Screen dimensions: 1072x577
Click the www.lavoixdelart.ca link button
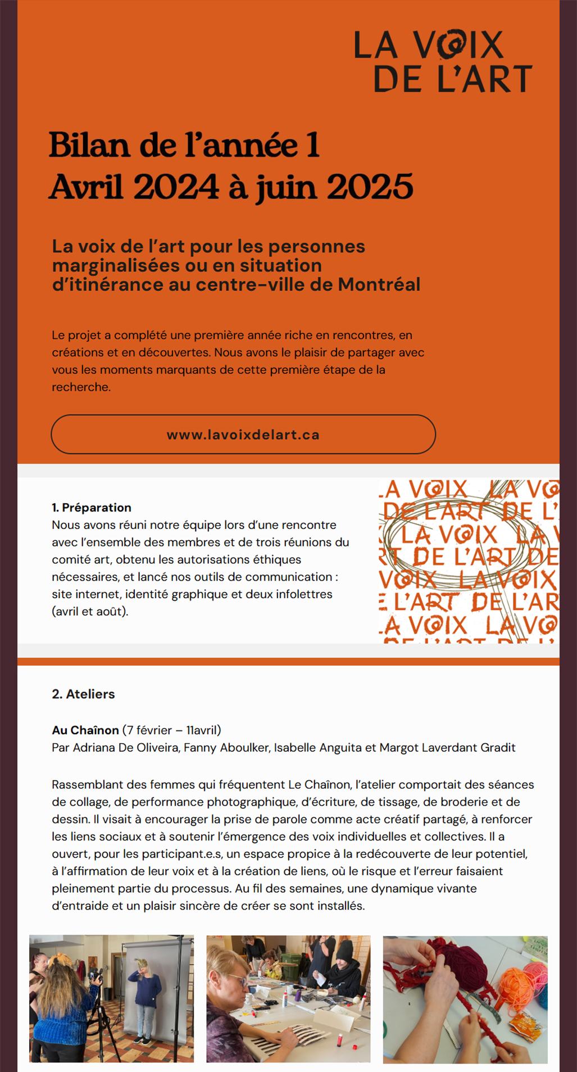[243, 435]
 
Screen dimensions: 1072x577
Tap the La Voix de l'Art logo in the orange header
[443, 61]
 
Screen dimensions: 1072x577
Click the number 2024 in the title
[175, 187]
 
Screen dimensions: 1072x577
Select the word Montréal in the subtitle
[379, 284]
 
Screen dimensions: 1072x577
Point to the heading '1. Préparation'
[92, 508]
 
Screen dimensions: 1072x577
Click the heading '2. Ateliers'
[83, 694]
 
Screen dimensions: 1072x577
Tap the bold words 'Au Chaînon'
[85, 730]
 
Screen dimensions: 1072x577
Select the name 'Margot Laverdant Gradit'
[447, 748]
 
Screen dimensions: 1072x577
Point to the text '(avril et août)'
[90, 612]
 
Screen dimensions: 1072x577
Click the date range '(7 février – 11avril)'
[171, 730]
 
